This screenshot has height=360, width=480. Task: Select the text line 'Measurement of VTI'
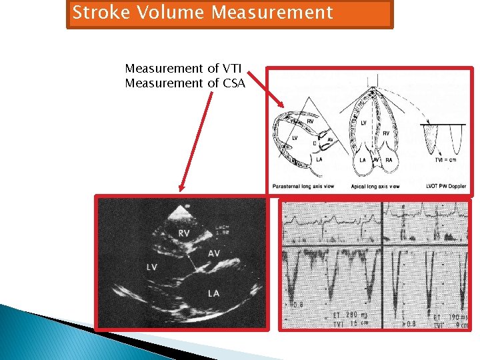(183, 69)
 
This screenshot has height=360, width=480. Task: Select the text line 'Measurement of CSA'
(185, 83)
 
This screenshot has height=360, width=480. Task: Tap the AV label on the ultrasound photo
(214, 254)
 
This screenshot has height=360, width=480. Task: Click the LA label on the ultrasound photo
(214, 293)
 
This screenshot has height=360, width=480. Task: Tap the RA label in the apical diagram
(389, 161)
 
